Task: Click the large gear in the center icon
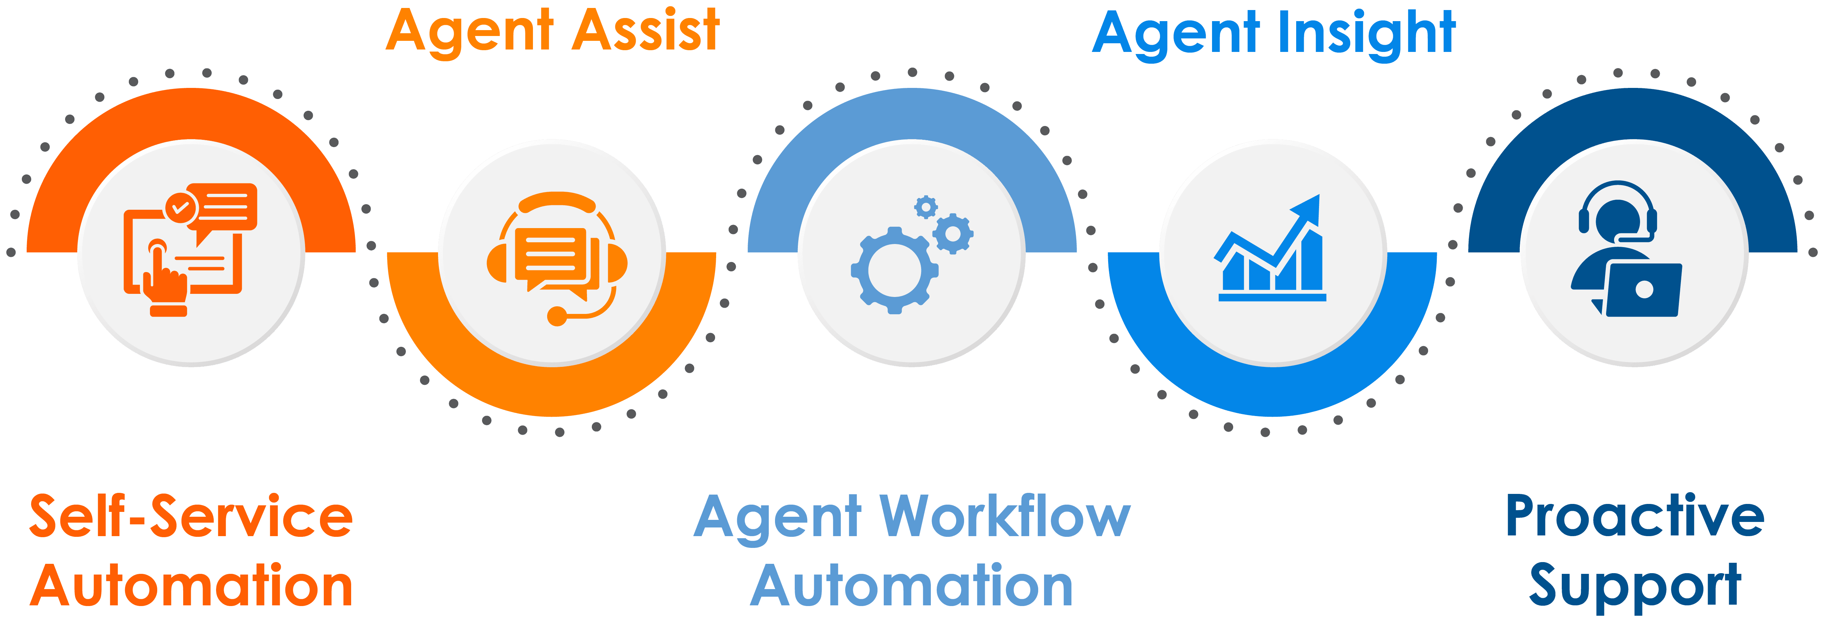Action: [x=894, y=270]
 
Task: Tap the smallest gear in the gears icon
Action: [x=926, y=207]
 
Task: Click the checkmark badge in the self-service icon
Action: [x=181, y=208]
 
